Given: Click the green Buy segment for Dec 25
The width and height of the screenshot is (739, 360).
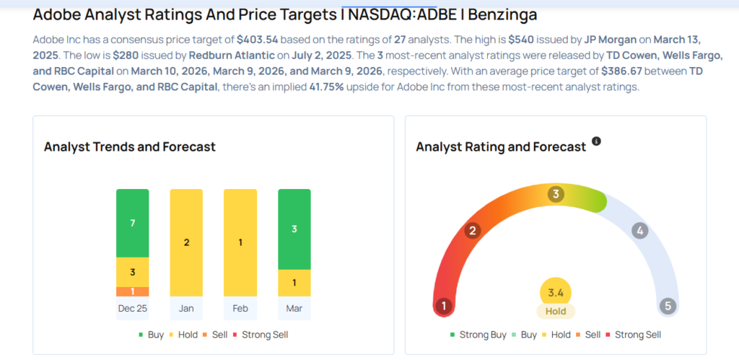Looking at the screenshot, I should coord(132,223).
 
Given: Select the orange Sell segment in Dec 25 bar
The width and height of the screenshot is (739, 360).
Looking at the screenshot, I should coord(132,291).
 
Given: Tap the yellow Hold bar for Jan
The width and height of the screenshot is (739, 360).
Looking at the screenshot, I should coord(186,242).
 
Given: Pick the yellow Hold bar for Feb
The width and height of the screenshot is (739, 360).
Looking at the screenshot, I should coord(240,242).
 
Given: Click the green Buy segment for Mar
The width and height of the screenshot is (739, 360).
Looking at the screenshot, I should coord(294,229).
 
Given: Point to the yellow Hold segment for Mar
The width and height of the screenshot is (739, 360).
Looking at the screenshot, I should coord(294,283).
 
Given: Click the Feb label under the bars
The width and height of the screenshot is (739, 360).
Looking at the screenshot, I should coord(240,308).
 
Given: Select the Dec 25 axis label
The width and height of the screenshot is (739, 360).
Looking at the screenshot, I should coord(132,308).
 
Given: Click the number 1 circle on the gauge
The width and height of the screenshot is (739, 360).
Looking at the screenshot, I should coord(444,306).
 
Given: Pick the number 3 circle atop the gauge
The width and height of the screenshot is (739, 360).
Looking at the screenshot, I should coord(556,193).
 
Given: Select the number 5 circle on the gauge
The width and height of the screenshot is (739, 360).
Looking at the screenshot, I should coord(668,306).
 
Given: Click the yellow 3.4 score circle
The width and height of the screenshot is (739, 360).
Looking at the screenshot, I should coord(556,291).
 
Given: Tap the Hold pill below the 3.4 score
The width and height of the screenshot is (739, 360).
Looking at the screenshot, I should coord(556,311).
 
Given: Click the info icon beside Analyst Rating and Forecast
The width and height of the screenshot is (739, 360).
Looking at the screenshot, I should coord(596,141).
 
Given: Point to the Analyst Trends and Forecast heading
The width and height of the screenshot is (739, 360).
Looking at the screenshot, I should coord(130,146).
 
